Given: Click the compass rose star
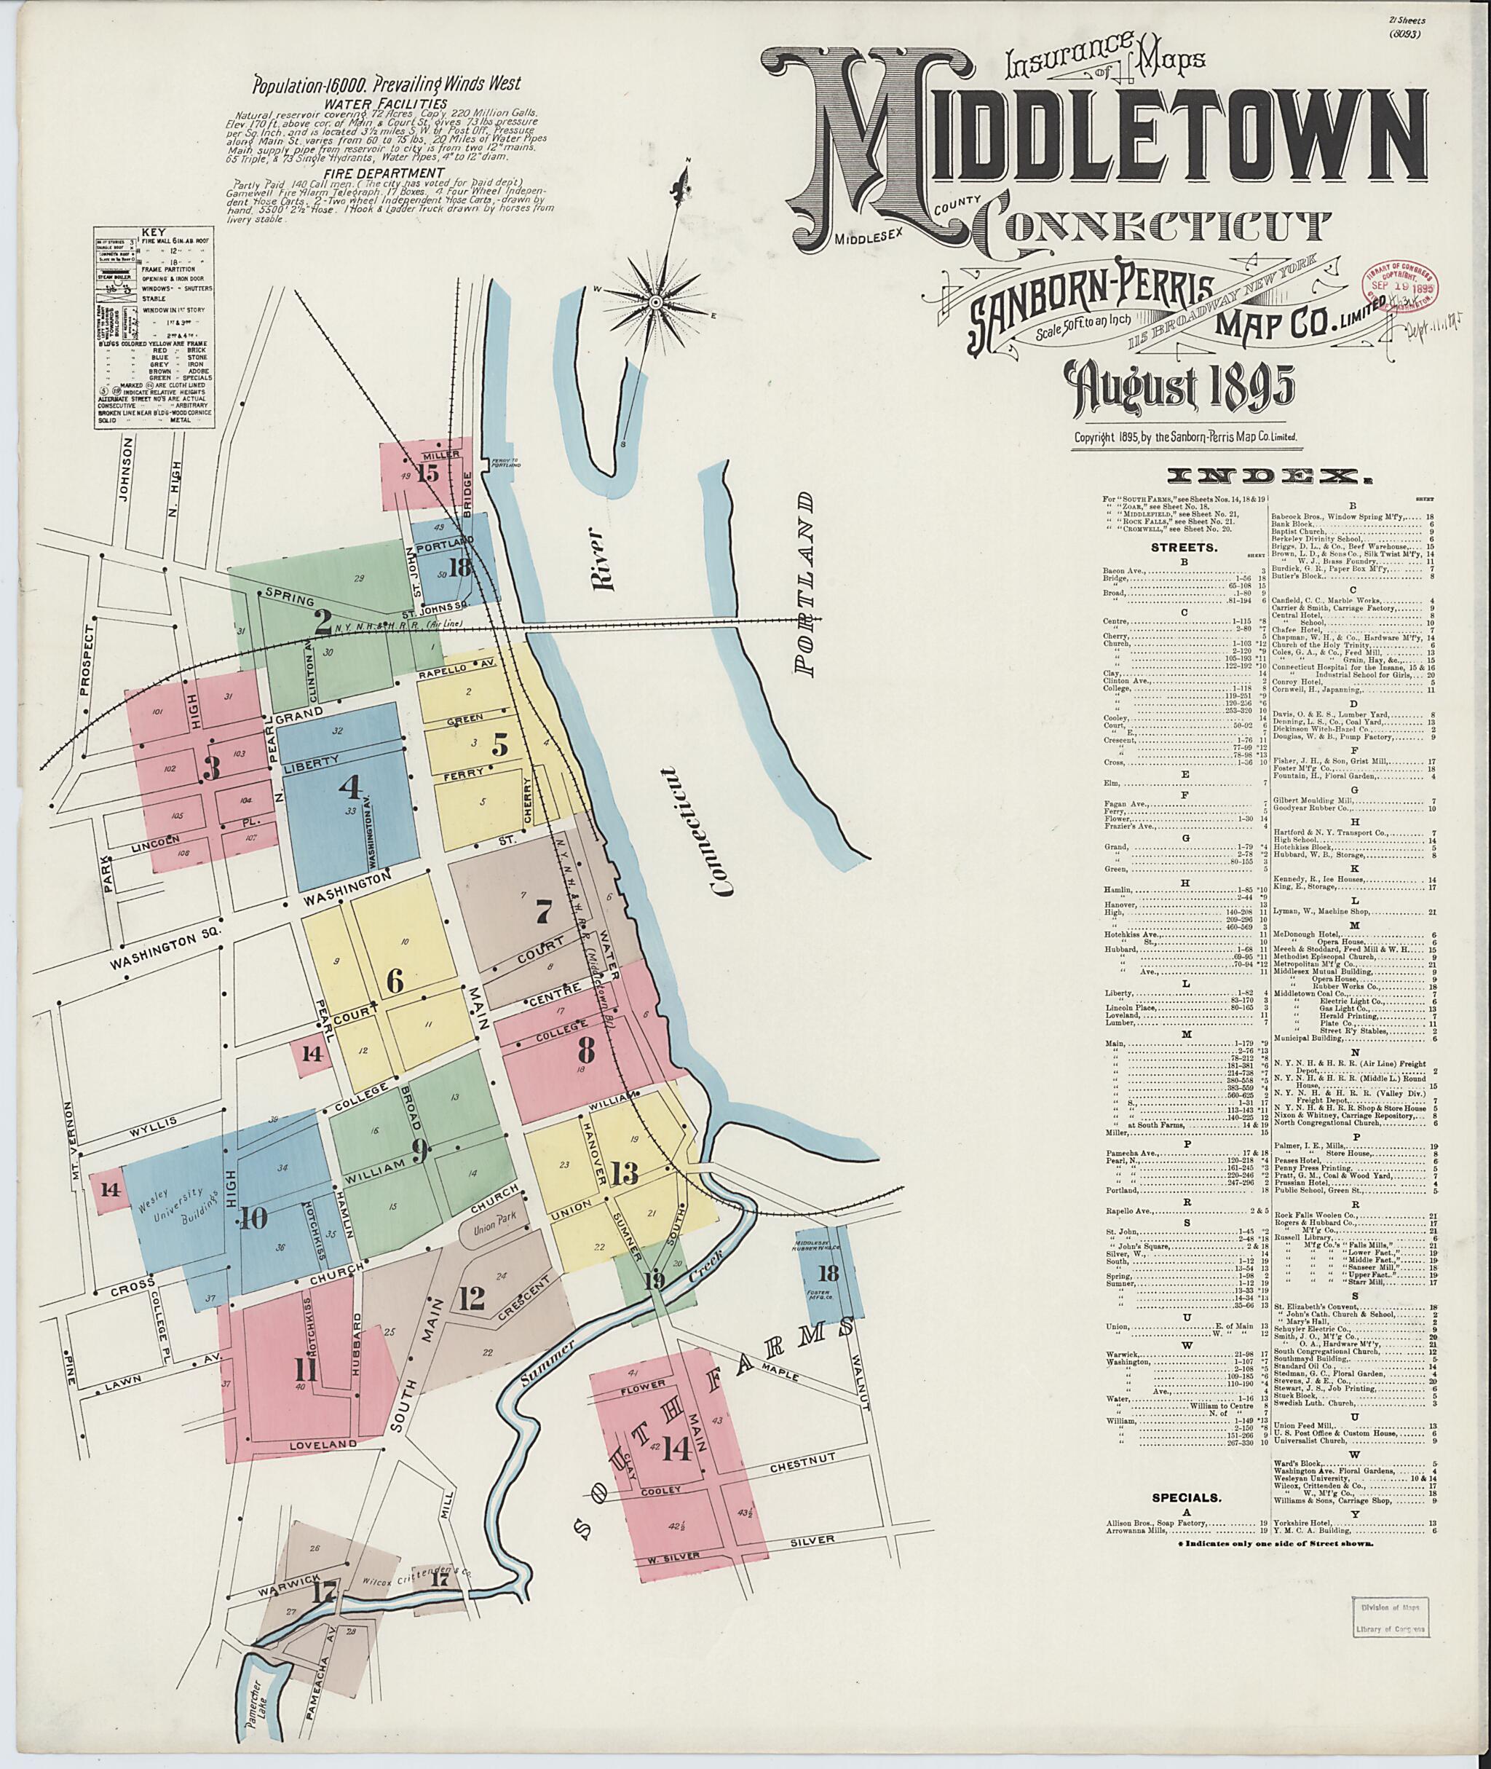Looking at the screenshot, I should (x=655, y=302).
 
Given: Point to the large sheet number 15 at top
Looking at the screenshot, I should (x=429, y=472).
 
